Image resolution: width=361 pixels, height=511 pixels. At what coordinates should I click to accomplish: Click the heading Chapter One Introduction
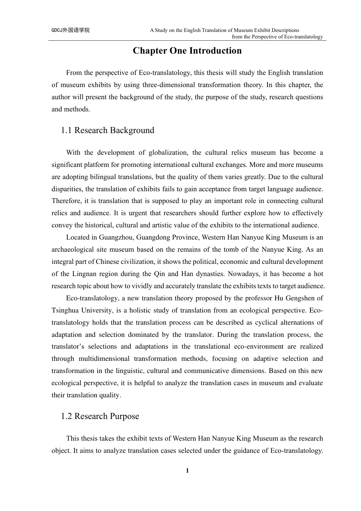tap(187, 51)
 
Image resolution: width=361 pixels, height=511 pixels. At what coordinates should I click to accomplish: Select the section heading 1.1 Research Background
tap(108, 130)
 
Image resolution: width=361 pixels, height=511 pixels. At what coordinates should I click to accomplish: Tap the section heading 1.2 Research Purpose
tap(100, 416)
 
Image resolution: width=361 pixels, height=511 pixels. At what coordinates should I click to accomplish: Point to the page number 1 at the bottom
tap(187, 471)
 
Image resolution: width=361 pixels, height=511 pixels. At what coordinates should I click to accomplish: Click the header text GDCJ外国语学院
tap(71, 30)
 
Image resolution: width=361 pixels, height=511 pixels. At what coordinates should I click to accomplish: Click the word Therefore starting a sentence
tap(66, 201)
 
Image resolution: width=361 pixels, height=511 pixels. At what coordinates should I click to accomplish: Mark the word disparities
tap(66, 189)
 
